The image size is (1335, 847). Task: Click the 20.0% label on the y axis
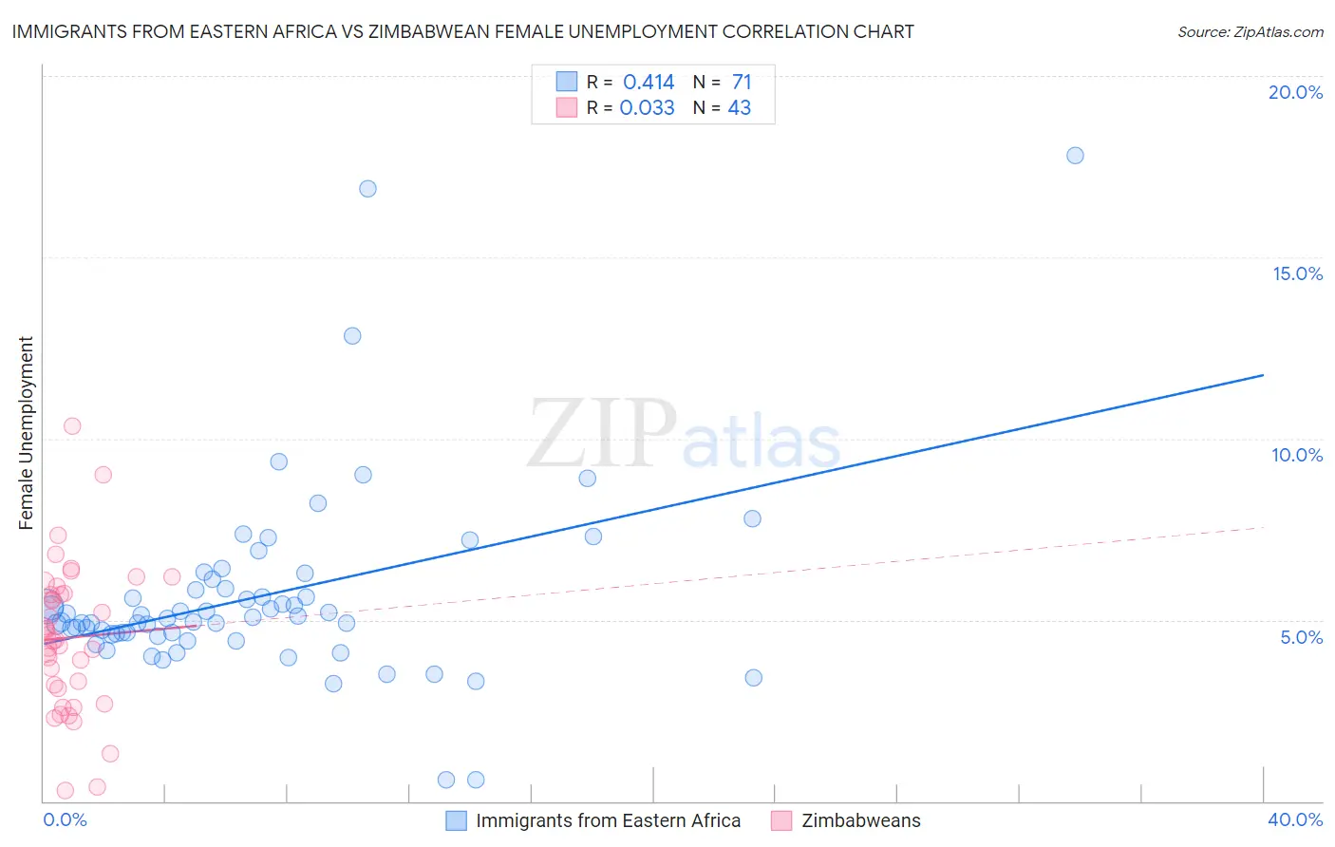click(x=1295, y=92)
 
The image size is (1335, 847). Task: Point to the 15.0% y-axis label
click(x=1297, y=273)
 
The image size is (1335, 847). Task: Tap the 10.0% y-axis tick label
click(x=1297, y=455)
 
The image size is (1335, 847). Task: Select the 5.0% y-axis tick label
click(x=1301, y=637)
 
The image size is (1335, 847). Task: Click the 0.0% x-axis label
click(x=65, y=819)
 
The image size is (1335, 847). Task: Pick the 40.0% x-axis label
click(x=1294, y=819)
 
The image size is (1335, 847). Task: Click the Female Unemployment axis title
click(x=26, y=433)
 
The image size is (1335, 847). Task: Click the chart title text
click(x=462, y=31)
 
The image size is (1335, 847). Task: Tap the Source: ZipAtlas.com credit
click(x=1250, y=32)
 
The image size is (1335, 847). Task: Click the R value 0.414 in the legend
click(x=649, y=83)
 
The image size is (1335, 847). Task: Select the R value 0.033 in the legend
click(x=647, y=108)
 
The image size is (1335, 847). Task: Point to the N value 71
click(x=742, y=83)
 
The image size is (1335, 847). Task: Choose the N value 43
click(x=739, y=108)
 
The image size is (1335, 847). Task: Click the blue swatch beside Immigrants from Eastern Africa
click(x=456, y=820)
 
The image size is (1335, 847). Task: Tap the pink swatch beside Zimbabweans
click(x=781, y=820)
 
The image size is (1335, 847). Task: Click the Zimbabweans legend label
click(x=860, y=820)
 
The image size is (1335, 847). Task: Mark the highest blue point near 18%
click(x=1075, y=156)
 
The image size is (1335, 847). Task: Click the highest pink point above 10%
click(x=72, y=426)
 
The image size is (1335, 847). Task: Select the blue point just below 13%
click(x=352, y=336)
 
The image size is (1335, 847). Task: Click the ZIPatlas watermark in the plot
click(x=684, y=435)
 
